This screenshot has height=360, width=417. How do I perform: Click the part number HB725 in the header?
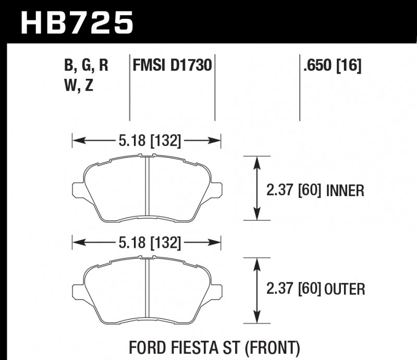[77, 22]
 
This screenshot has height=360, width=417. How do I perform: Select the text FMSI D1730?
[171, 66]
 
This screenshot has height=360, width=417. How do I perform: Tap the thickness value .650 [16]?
[330, 66]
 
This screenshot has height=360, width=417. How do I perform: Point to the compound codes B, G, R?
[87, 66]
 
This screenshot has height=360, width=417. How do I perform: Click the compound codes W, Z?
[78, 86]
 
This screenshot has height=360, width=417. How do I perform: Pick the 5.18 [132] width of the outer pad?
[146, 243]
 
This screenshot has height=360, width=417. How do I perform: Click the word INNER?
[345, 191]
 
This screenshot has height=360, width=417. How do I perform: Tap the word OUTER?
[344, 288]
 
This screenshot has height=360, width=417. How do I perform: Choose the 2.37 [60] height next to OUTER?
[294, 288]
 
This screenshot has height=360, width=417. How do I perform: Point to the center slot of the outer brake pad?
[147, 287]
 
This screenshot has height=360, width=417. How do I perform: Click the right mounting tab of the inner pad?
[216, 188]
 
